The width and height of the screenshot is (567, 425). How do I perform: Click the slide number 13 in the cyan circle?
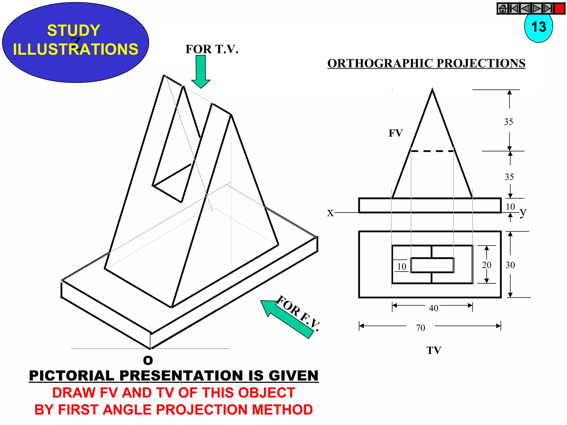pyautogui.click(x=538, y=27)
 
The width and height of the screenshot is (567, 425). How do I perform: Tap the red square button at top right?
pyautogui.click(x=560, y=9)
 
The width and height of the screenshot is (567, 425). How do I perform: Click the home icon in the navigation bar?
pyautogui.click(x=503, y=9)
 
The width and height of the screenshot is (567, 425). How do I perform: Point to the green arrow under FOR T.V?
pyautogui.click(x=201, y=71)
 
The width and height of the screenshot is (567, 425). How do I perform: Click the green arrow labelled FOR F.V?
pyautogui.click(x=288, y=318)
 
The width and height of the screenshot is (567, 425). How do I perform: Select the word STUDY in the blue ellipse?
pyautogui.click(x=74, y=30)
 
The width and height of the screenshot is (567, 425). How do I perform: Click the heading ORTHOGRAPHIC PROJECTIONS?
pyautogui.click(x=426, y=63)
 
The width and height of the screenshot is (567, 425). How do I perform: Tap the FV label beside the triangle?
pyautogui.click(x=396, y=133)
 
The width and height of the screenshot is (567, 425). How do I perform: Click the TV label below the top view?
pyautogui.click(x=434, y=350)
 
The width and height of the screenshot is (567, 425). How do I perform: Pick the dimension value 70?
pyautogui.click(x=420, y=328)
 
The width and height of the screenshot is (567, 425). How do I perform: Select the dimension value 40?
pyautogui.click(x=434, y=308)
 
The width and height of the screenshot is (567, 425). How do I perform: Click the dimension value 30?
pyautogui.click(x=510, y=265)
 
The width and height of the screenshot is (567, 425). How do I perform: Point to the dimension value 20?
pyautogui.click(x=486, y=265)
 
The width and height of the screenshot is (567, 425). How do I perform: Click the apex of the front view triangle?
pyautogui.click(x=432, y=90)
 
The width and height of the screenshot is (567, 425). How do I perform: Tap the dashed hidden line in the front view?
pyautogui.click(x=432, y=151)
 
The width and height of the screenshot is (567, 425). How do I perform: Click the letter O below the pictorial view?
pyautogui.click(x=148, y=360)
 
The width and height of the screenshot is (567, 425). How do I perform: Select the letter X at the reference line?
pyautogui.click(x=330, y=213)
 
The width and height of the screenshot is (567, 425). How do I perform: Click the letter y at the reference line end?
pyautogui.click(x=522, y=212)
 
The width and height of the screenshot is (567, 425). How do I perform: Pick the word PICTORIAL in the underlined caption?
pyautogui.click(x=71, y=376)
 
